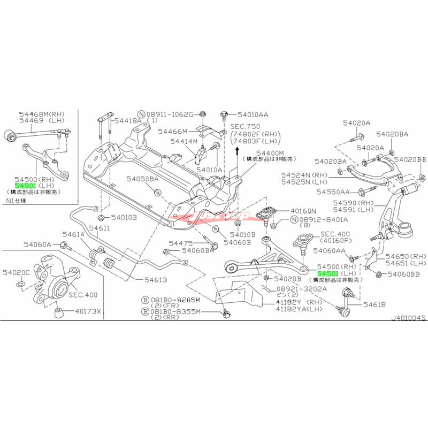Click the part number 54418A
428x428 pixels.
[x=129, y=121]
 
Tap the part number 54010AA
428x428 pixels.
[x=254, y=114]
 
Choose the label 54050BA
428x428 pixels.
[x=143, y=179]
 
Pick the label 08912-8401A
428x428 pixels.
[x=323, y=219]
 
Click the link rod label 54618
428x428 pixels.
[x=374, y=304]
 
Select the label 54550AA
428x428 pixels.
[x=332, y=191]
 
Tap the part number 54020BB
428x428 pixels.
[x=410, y=159]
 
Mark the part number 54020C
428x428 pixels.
[x=17, y=272]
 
